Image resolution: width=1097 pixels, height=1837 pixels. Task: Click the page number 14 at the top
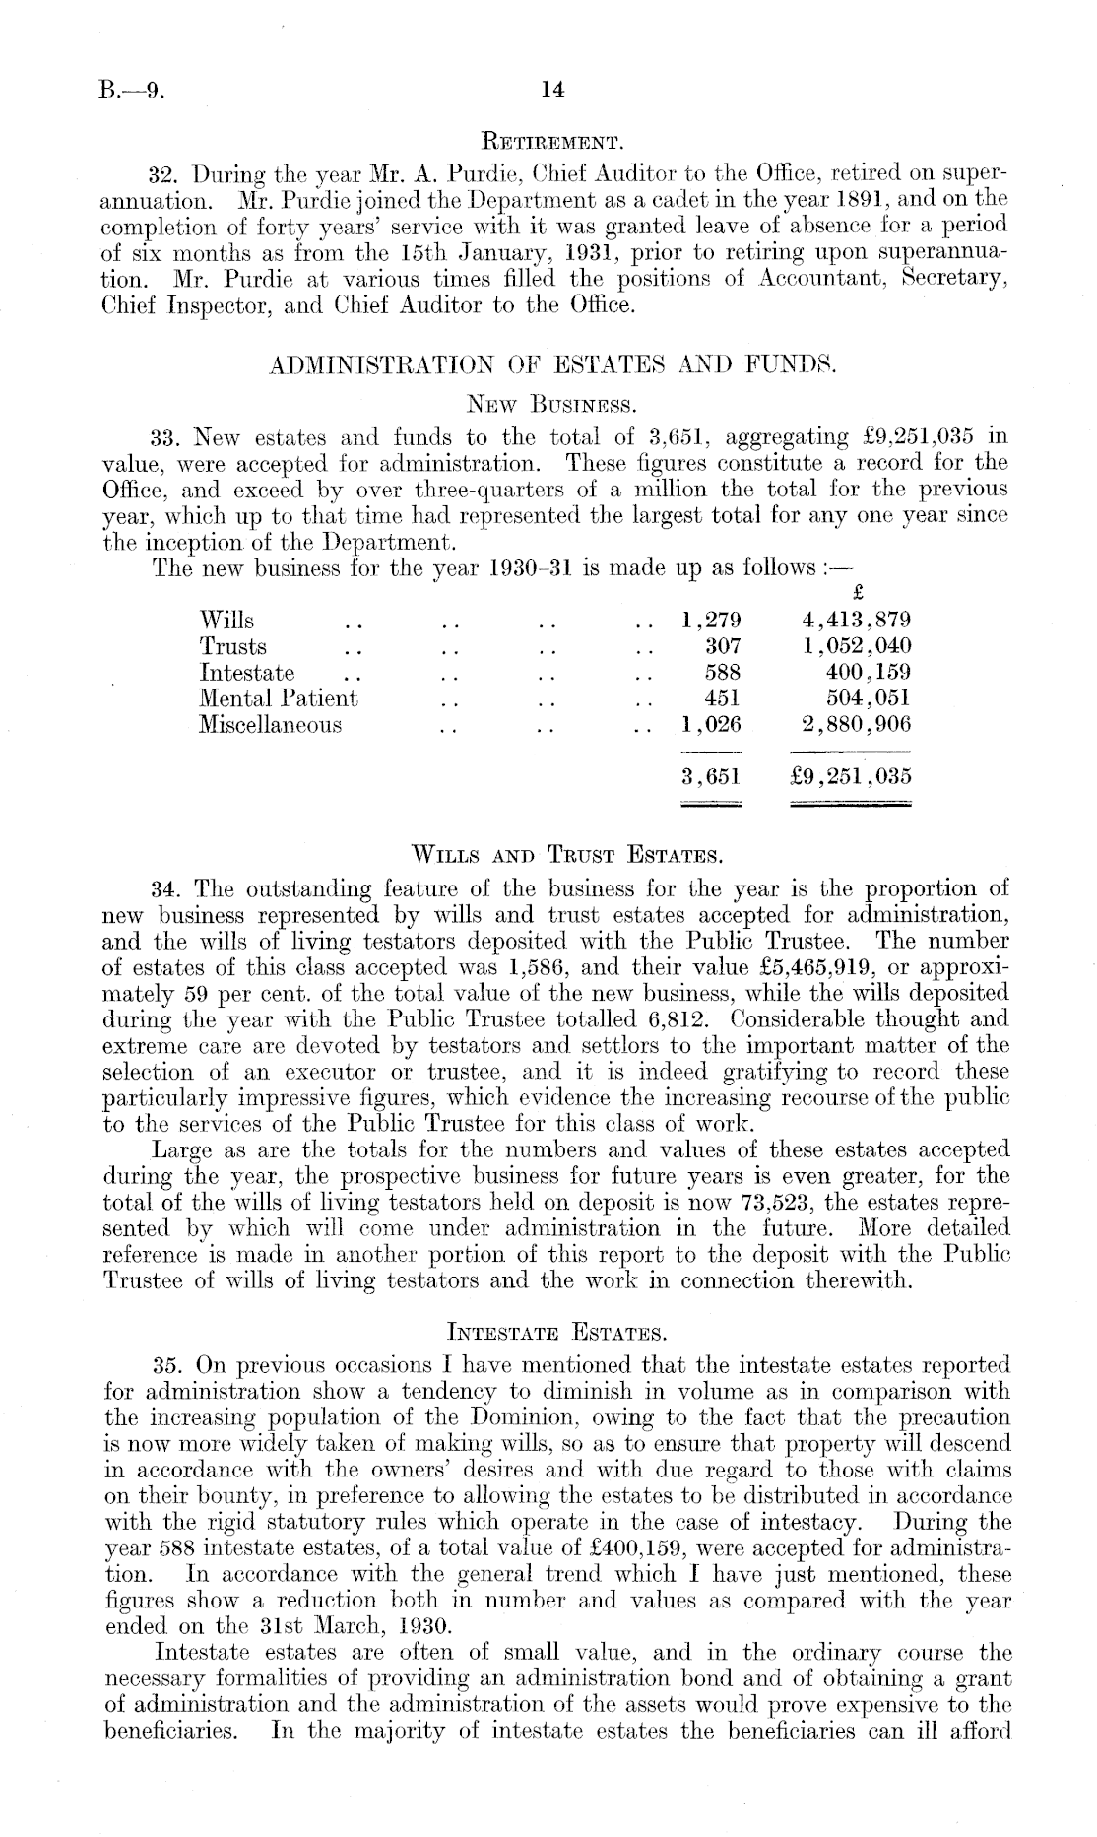tap(552, 90)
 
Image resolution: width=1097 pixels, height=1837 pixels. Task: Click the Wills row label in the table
tap(226, 621)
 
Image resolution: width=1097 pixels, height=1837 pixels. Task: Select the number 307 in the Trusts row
tap(722, 647)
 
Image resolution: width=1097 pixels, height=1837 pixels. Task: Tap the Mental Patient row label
tap(279, 699)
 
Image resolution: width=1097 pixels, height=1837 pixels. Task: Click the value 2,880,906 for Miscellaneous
tap(853, 725)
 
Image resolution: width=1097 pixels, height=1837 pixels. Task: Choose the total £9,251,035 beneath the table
tap(851, 776)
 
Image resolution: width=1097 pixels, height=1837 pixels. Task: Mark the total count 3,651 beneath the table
tap(710, 776)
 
